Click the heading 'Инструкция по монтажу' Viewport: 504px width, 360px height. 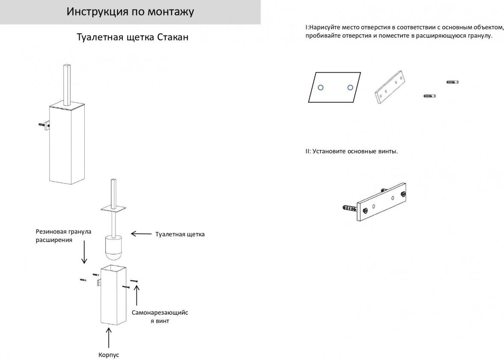pos(130,12)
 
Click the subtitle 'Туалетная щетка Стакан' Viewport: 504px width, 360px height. pos(132,37)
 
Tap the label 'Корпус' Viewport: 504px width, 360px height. pos(109,355)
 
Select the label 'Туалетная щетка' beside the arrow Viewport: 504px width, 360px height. pos(180,234)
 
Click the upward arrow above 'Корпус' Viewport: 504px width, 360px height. pos(109,338)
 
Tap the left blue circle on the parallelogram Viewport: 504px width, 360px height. pos(321,88)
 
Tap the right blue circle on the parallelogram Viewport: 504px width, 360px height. pos(350,88)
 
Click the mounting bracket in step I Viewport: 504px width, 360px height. pos(390,88)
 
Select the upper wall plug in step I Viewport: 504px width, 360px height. pos(452,82)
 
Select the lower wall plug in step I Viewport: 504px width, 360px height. pos(429,96)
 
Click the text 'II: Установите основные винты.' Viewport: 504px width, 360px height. pos(351,151)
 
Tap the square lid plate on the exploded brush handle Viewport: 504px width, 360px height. pos(113,209)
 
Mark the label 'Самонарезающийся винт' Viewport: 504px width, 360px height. pos(160,317)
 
